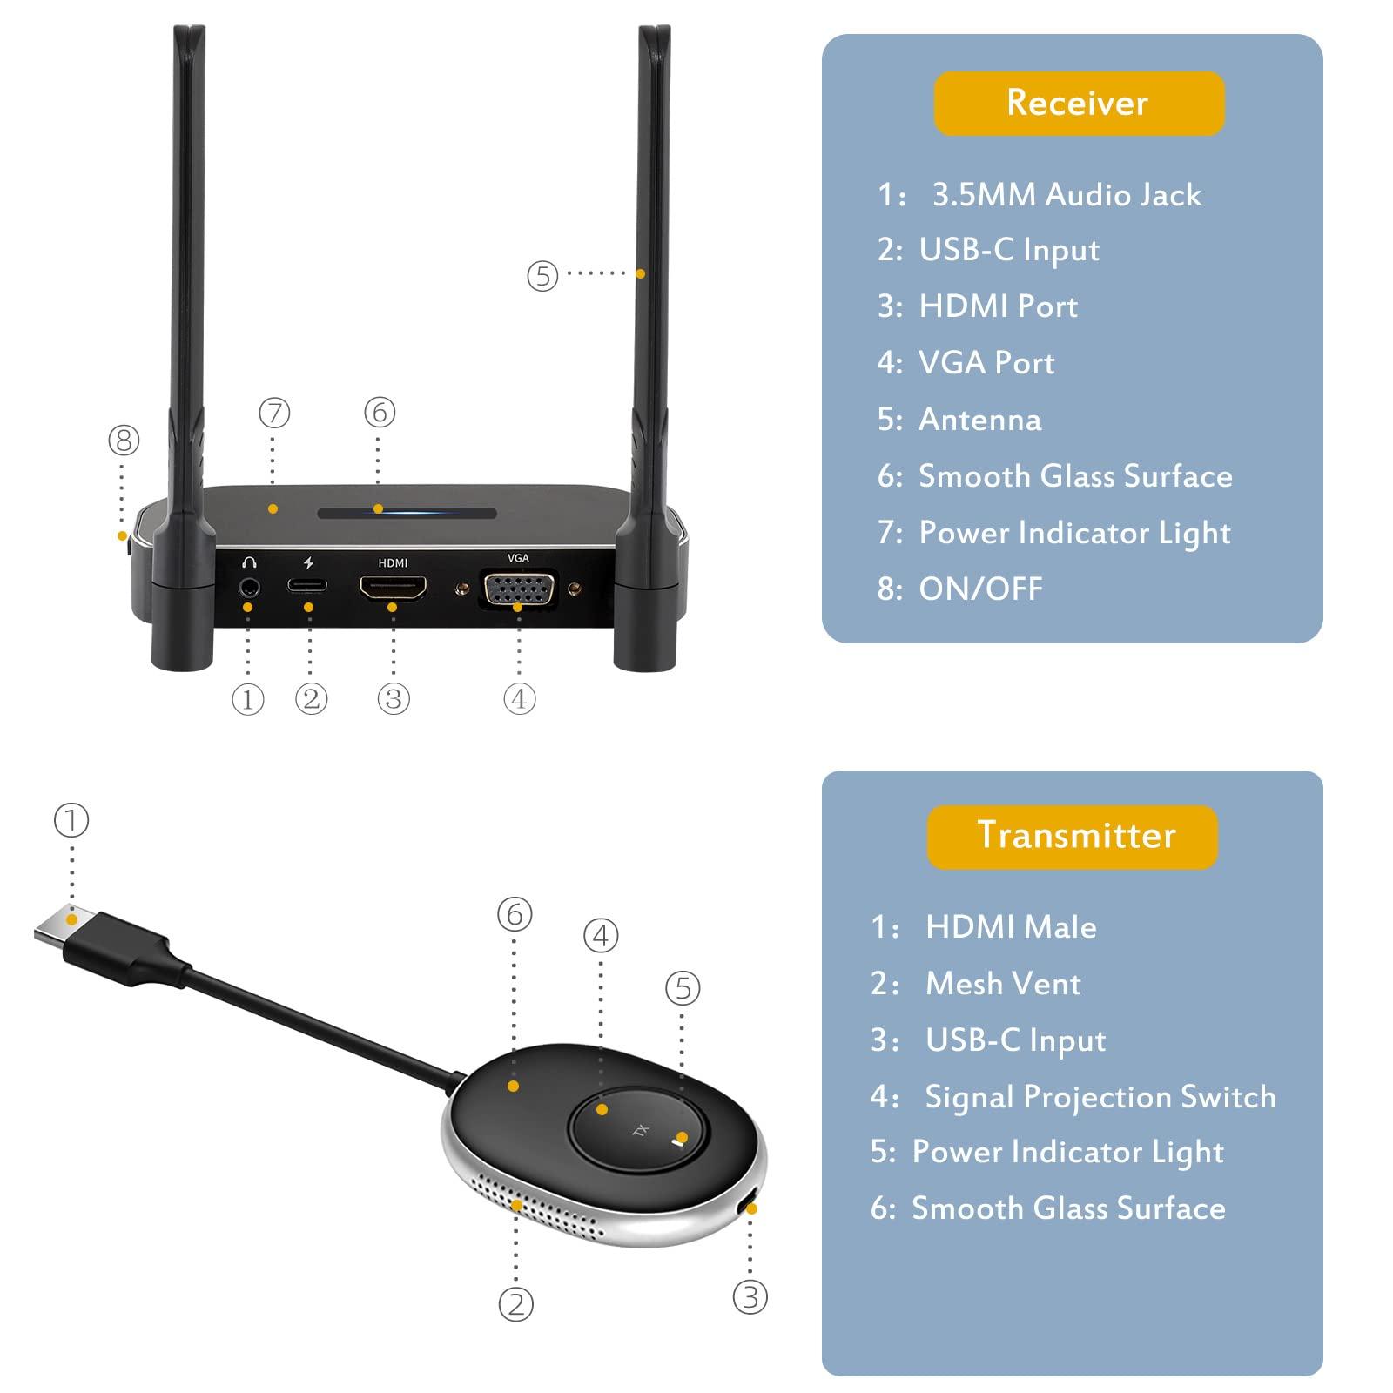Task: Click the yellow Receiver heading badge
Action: click(x=1079, y=103)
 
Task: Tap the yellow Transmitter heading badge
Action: click(x=1073, y=836)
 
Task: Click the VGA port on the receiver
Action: click(x=519, y=592)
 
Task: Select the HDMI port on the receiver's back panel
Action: click(x=393, y=589)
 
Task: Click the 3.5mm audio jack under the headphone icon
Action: click(x=249, y=587)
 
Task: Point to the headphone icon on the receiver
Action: click(x=249, y=562)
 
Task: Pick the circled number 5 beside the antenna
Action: click(x=542, y=276)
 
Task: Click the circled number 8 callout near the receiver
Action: click(x=123, y=440)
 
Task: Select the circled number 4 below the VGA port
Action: click(x=519, y=698)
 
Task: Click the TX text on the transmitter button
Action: click(x=641, y=1131)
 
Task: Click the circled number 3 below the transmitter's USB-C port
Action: click(x=750, y=1297)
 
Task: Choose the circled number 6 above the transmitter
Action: click(x=514, y=914)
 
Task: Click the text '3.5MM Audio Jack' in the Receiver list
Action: click(x=1066, y=195)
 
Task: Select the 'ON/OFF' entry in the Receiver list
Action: click(x=980, y=589)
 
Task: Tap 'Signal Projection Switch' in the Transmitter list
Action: click(x=1100, y=1097)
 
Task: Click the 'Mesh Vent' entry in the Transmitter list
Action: click(x=1002, y=984)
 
